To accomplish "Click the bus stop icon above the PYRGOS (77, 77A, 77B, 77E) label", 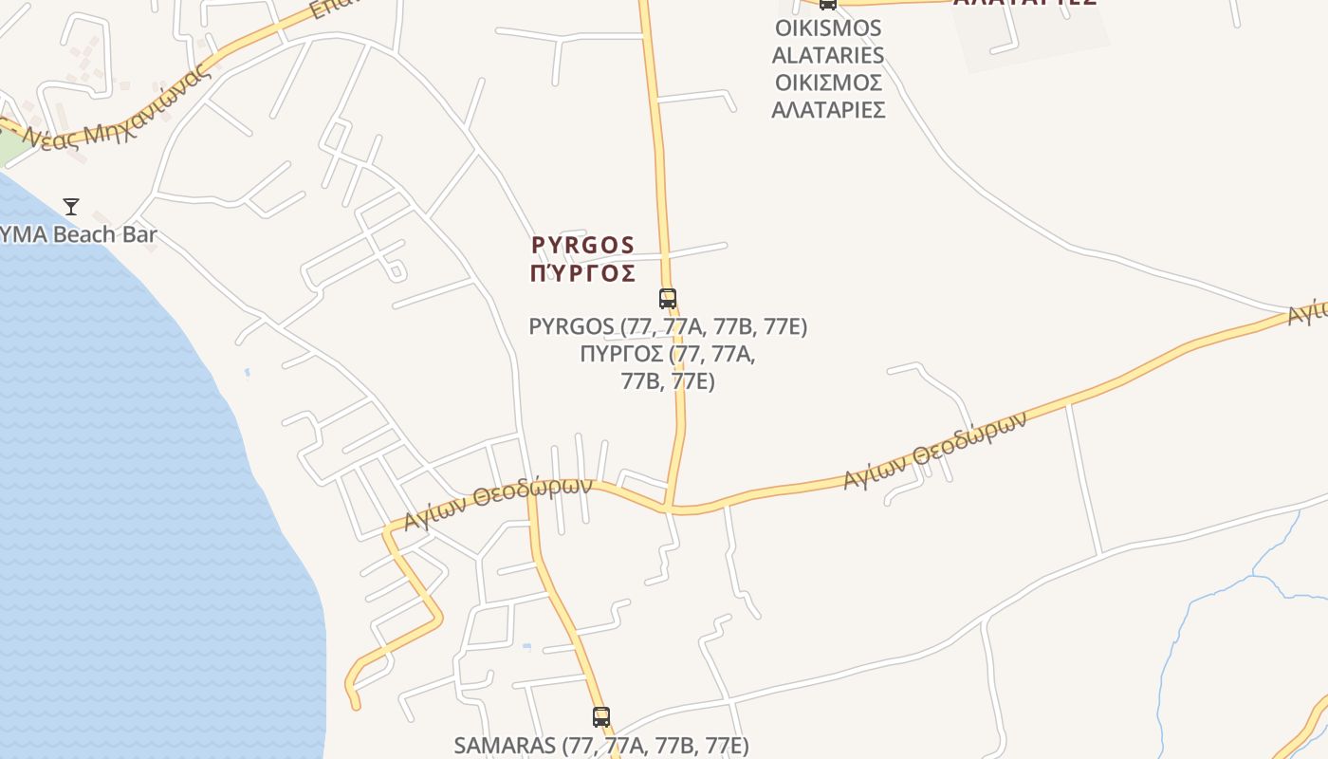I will click(668, 298).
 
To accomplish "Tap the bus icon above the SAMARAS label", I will click(601, 716).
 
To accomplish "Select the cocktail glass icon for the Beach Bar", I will click(71, 206).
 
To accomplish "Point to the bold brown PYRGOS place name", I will click(582, 246).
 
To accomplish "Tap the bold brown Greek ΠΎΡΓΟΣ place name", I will click(582, 274).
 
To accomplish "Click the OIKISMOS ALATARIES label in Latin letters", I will click(827, 42).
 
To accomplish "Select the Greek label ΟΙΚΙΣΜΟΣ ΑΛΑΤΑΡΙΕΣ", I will click(828, 96).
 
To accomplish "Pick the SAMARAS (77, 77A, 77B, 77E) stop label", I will click(601, 745).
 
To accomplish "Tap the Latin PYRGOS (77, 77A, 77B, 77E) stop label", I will click(668, 326).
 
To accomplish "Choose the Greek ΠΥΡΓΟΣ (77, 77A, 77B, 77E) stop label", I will click(668, 367).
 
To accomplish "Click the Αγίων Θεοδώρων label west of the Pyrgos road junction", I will click(497, 503).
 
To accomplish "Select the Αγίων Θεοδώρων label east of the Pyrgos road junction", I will click(934, 451).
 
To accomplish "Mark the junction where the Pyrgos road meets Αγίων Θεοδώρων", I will click(669, 509).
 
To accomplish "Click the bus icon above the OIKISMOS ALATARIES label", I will click(828, 4).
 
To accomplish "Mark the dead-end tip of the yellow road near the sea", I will click(356, 705).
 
